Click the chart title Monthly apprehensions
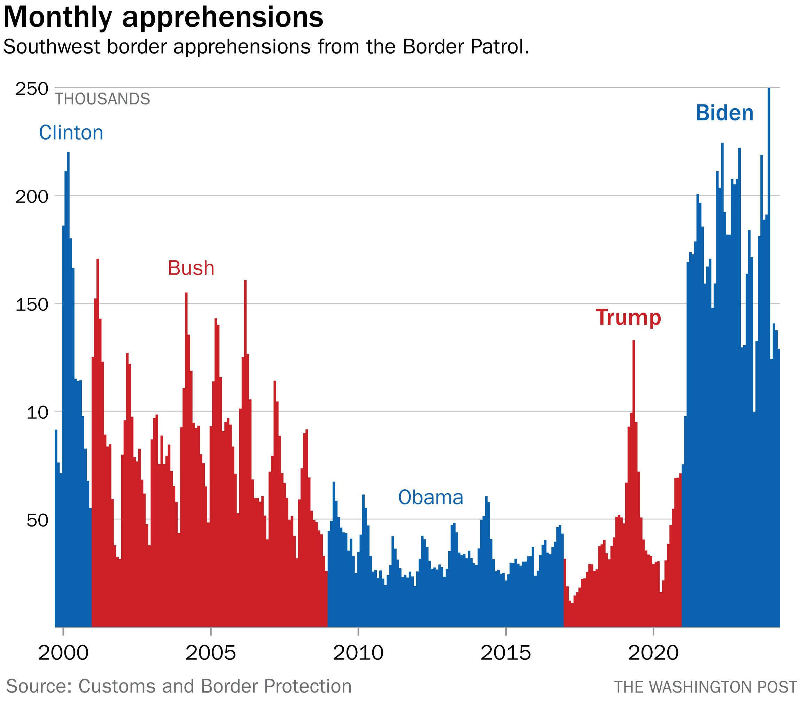tap(163, 17)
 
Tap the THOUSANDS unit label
tap(102, 99)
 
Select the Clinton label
tap(71, 133)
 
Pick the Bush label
tap(191, 268)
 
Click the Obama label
tap(430, 497)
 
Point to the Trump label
tap(628, 317)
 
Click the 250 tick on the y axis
tap(32, 89)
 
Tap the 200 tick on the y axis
tap(32, 197)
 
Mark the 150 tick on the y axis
tap(32, 305)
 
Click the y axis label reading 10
tap(37, 412)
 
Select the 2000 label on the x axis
tap(63, 653)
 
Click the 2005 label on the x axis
tap(210, 653)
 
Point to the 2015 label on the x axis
tap(506, 653)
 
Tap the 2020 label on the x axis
tap(653, 653)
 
